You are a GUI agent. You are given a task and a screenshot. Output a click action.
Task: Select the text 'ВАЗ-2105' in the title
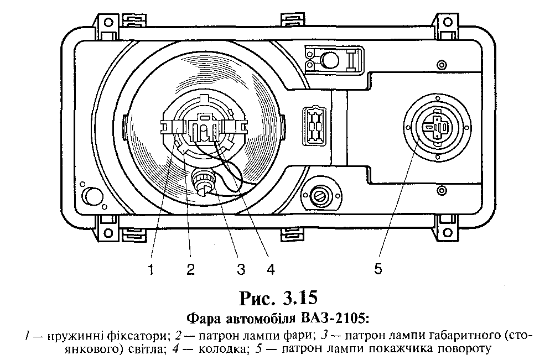pyautogui.click(x=333, y=319)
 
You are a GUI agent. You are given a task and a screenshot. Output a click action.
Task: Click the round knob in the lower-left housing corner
pyautogui.click(x=92, y=195)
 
